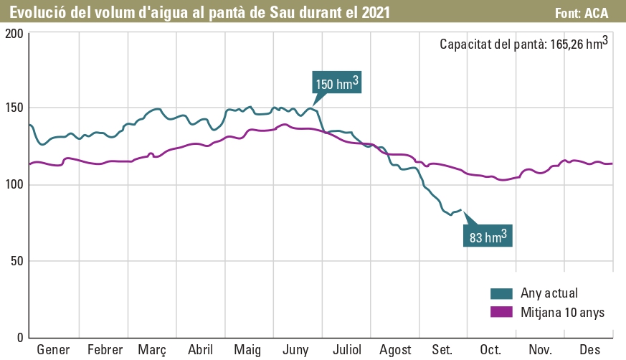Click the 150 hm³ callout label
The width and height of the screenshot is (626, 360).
(336, 84)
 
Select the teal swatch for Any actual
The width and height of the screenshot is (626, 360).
(501, 293)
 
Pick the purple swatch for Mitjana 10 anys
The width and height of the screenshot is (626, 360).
(501, 312)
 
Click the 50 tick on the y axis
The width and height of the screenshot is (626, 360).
(16, 261)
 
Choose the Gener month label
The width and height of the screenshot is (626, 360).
(53, 350)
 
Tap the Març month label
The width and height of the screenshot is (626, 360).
(152, 350)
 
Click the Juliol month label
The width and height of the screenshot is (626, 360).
(346, 350)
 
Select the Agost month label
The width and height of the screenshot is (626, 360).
(395, 350)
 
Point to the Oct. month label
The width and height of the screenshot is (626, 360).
(491, 350)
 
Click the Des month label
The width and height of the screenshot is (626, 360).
(589, 350)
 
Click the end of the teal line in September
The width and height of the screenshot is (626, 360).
(460, 210)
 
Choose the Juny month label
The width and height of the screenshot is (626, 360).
(296, 350)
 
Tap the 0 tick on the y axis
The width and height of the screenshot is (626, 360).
(20, 337)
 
